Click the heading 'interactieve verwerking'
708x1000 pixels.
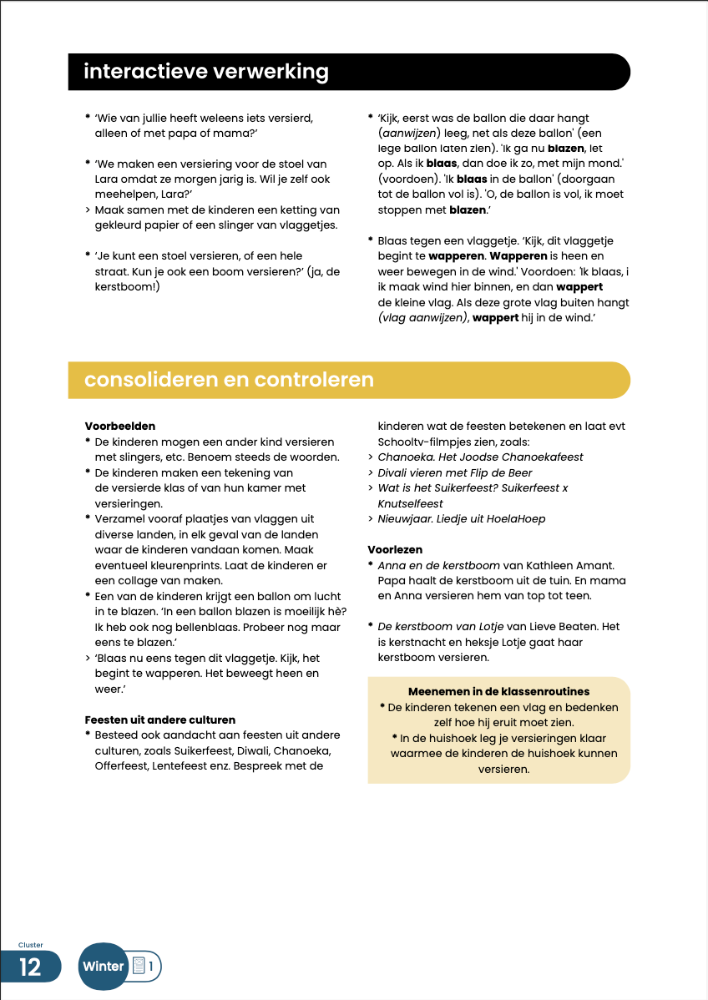(x=205, y=72)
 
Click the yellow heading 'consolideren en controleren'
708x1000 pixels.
(x=228, y=380)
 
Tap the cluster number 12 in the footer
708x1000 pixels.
(x=30, y=967)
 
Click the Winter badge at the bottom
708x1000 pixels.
(x=104, y=967)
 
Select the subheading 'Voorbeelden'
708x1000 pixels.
(x=120, y=427)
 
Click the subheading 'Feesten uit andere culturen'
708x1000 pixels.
(x=160, y=720)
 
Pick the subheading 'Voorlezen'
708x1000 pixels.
(x=395, y=550)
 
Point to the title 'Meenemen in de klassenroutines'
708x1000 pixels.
(x=498, y=692)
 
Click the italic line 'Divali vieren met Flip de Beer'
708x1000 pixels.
(x=456, y=472)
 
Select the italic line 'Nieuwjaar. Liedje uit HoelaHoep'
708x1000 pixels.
(x=461, y=518)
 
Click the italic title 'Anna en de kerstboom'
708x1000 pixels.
(x=437, y=565)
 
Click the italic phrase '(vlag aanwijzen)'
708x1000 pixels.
(x=422, y=318)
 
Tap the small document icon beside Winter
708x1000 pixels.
(x=139, y=967)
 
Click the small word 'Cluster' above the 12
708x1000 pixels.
(x=31, y=946)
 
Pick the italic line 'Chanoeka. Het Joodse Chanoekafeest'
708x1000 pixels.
(x=480, y=457)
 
